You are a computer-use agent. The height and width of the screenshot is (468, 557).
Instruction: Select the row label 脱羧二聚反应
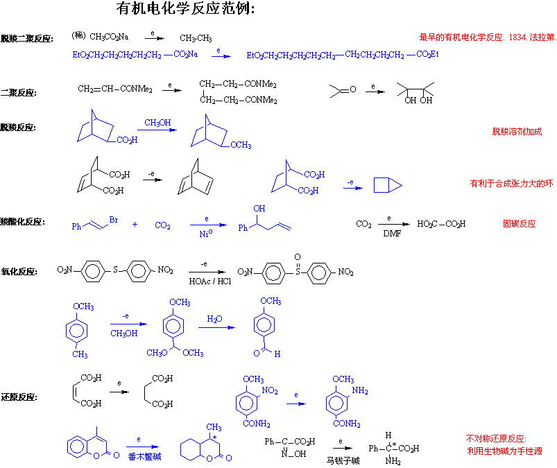pos(27,39)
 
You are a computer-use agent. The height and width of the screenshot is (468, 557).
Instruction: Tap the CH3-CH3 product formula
pos(196,38)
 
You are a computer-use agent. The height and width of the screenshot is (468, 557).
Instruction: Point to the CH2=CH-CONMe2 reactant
pos(116,88)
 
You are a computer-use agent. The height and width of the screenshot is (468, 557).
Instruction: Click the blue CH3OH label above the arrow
pos(157,123)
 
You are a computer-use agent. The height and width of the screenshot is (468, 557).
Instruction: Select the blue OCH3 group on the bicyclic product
pos(240,145)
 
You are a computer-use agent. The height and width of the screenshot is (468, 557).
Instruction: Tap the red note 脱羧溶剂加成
pos(517,131)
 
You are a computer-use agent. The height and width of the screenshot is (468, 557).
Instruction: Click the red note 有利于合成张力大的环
pos(511,184)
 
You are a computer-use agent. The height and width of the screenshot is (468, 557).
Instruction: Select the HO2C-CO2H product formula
pos(441,224)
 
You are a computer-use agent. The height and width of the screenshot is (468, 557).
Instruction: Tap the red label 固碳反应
pos(519,224)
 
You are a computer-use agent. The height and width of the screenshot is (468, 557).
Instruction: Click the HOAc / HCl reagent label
pos(210,281)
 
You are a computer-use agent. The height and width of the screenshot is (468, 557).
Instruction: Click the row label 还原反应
pos(19,397)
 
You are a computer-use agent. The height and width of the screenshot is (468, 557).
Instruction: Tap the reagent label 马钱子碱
pos(344,460)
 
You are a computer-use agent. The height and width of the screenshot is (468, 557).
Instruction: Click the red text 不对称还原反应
pos(496,439)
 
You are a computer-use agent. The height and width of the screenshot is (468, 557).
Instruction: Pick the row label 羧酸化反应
pos(23,222)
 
